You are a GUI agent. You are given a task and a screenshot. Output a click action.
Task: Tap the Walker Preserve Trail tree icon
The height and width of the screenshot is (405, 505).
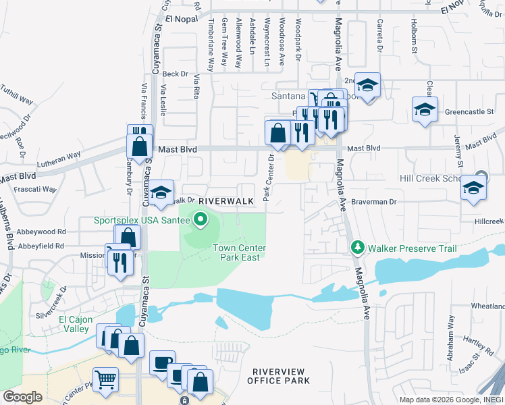coord(358,248)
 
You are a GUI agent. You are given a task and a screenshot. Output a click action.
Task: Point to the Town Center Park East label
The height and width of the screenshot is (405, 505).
coord(239,252)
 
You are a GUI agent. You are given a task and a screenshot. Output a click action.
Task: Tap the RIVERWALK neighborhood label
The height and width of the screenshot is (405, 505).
coord(225,200)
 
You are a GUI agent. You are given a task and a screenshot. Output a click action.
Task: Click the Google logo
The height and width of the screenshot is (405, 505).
coord(23,397)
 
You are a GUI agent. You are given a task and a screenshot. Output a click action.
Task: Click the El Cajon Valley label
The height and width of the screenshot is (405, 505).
coord(74,324)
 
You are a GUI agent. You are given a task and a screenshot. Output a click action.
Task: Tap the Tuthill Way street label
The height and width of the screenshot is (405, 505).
coord(18,94)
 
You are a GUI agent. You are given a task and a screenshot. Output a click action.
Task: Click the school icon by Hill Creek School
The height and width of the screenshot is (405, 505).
coord(474,188)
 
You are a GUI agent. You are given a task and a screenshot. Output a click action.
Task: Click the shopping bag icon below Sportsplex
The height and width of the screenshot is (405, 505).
coord(127,238)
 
